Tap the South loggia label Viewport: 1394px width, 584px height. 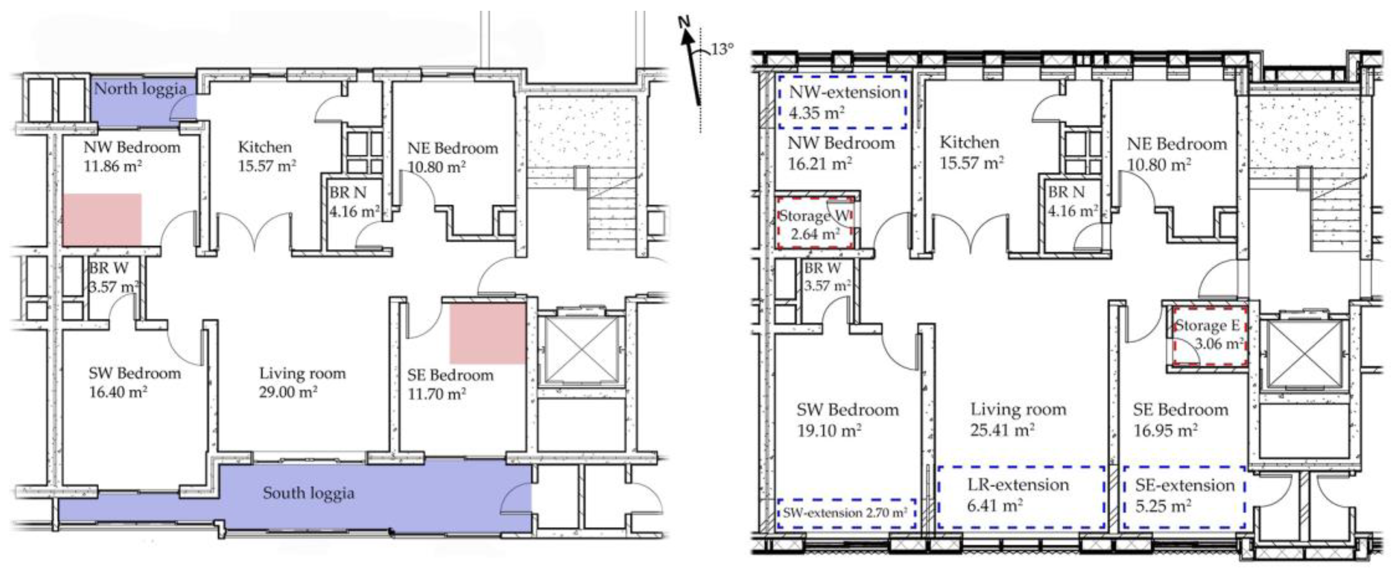[308, 493]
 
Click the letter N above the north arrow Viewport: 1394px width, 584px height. [684, 23]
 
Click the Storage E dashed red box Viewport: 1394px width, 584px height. [1210, 336]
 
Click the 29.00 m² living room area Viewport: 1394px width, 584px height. [288, 392]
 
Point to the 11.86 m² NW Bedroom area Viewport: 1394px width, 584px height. [113, 165]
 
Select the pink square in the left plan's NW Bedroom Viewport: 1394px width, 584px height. [102, 220]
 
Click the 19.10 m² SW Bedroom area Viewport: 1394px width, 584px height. [829, 431]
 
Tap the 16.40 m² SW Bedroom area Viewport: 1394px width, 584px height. [118, 392]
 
